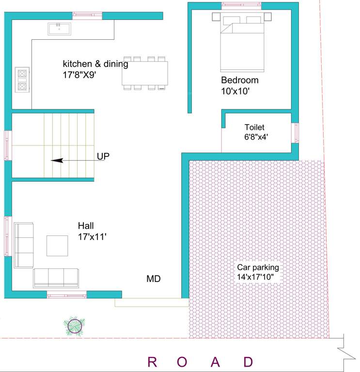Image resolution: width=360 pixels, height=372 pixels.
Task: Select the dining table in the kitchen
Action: pyautogui.click(x=145, y=73)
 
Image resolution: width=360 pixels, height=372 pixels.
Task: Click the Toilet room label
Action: pyautogui.click(x=254, y=127)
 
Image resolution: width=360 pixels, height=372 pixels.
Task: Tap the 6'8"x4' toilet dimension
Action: pyautogui.click(x=256, y=137)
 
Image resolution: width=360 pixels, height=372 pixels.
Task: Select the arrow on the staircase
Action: pyautogui.click(x=78, y=161)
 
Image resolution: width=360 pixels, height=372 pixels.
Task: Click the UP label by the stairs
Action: pyautogui.click(x=103, y=156)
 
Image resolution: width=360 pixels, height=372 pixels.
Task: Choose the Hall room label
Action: pyautogui.click(x=86, y=226)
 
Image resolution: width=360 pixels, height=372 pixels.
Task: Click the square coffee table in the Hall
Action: pyautogui.click(x=57, y=246)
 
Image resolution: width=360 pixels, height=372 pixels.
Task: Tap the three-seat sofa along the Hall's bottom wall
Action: pyautogui.click(x=56, y=278)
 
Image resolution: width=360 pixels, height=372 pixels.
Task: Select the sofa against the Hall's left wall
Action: pyautogui.click(x=24, y=245)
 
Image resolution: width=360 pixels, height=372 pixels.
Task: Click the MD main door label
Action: pyautogui.click(x=153, y=279)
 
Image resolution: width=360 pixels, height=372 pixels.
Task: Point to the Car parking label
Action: pyautogui.click(x=258, y=267)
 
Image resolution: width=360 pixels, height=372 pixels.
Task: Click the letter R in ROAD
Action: pyautogui.click(x=152, y=362)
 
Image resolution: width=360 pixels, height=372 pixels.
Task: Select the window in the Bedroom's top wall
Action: pyautogui.click(x=241, y=5)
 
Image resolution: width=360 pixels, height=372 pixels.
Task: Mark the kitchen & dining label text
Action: pyautogui.click(x=95, y=64)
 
